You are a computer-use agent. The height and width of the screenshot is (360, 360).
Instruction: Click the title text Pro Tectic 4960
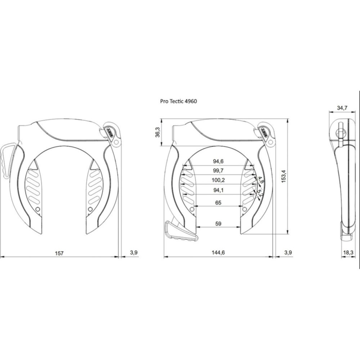click(179, 102)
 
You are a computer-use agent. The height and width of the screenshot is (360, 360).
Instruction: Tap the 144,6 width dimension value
click(218, 253)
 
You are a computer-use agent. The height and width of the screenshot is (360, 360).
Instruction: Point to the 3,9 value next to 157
click(133, 253)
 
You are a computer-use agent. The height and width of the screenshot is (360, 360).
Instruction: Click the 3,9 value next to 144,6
click(288, 253)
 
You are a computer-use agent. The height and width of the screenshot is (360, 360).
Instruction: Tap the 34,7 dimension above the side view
click(342, 108)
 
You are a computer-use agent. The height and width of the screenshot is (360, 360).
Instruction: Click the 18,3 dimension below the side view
click(347, 253)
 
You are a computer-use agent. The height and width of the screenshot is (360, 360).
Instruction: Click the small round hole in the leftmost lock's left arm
click(38, 210)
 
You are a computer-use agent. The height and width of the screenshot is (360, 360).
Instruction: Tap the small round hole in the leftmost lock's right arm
click(90, 210)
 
